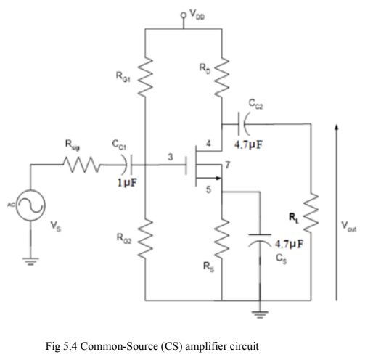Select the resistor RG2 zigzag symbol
[145, 237]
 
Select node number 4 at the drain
[209, 144]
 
